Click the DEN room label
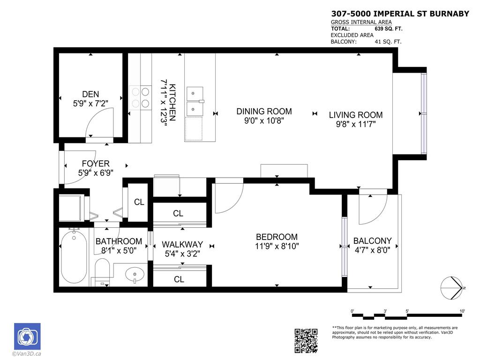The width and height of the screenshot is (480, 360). point(90,94)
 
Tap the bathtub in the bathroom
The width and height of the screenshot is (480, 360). point(74,256)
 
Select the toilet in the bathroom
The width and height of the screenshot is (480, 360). point(102,272)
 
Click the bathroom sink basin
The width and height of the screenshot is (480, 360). point(134,274)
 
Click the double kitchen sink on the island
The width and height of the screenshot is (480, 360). point(195,101)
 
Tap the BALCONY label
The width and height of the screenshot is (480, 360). point(372,241)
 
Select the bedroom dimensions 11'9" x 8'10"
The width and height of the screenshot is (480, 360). point(277,246)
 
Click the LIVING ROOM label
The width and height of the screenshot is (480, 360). point(355,115)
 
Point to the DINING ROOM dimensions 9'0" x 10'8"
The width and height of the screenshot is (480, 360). point(264,120)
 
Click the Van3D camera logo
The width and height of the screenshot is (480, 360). point(27,337)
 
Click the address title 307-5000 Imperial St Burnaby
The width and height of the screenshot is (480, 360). point(400,14)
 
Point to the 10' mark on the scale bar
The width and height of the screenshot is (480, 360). point(462,311)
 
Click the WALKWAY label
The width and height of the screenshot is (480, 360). point(182,244)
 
